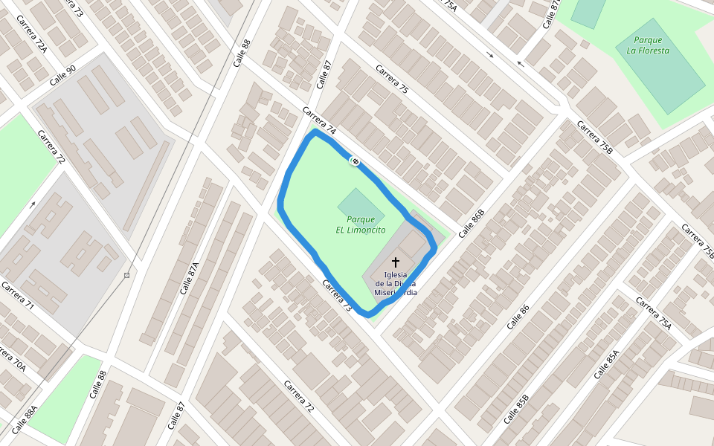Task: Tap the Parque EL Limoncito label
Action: pyautogui.click(x=361, y=224)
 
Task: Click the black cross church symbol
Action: pyautogui.click(x=396, y=262)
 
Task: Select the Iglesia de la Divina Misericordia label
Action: pyautogui.click(x=396, y=284)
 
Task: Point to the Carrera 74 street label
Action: pyautogui.click(x=319, y=121)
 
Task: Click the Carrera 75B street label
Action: pyautogui.click(x=595, y=138)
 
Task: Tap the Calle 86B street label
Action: pyautogui.click(x=472, y=223)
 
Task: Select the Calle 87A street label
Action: pyautogui.click(x=190, y=277)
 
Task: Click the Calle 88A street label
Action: pyautogui.click(x=24, y=420)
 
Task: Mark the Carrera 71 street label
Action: pyautogui.click(x=18, y=295)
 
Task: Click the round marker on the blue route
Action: pyautogui.click(x=356, y=161)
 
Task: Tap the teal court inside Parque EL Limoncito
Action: pyautogui.click(x=361, y=203)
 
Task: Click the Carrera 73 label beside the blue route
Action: pyautogui.click(x=336, y=295)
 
